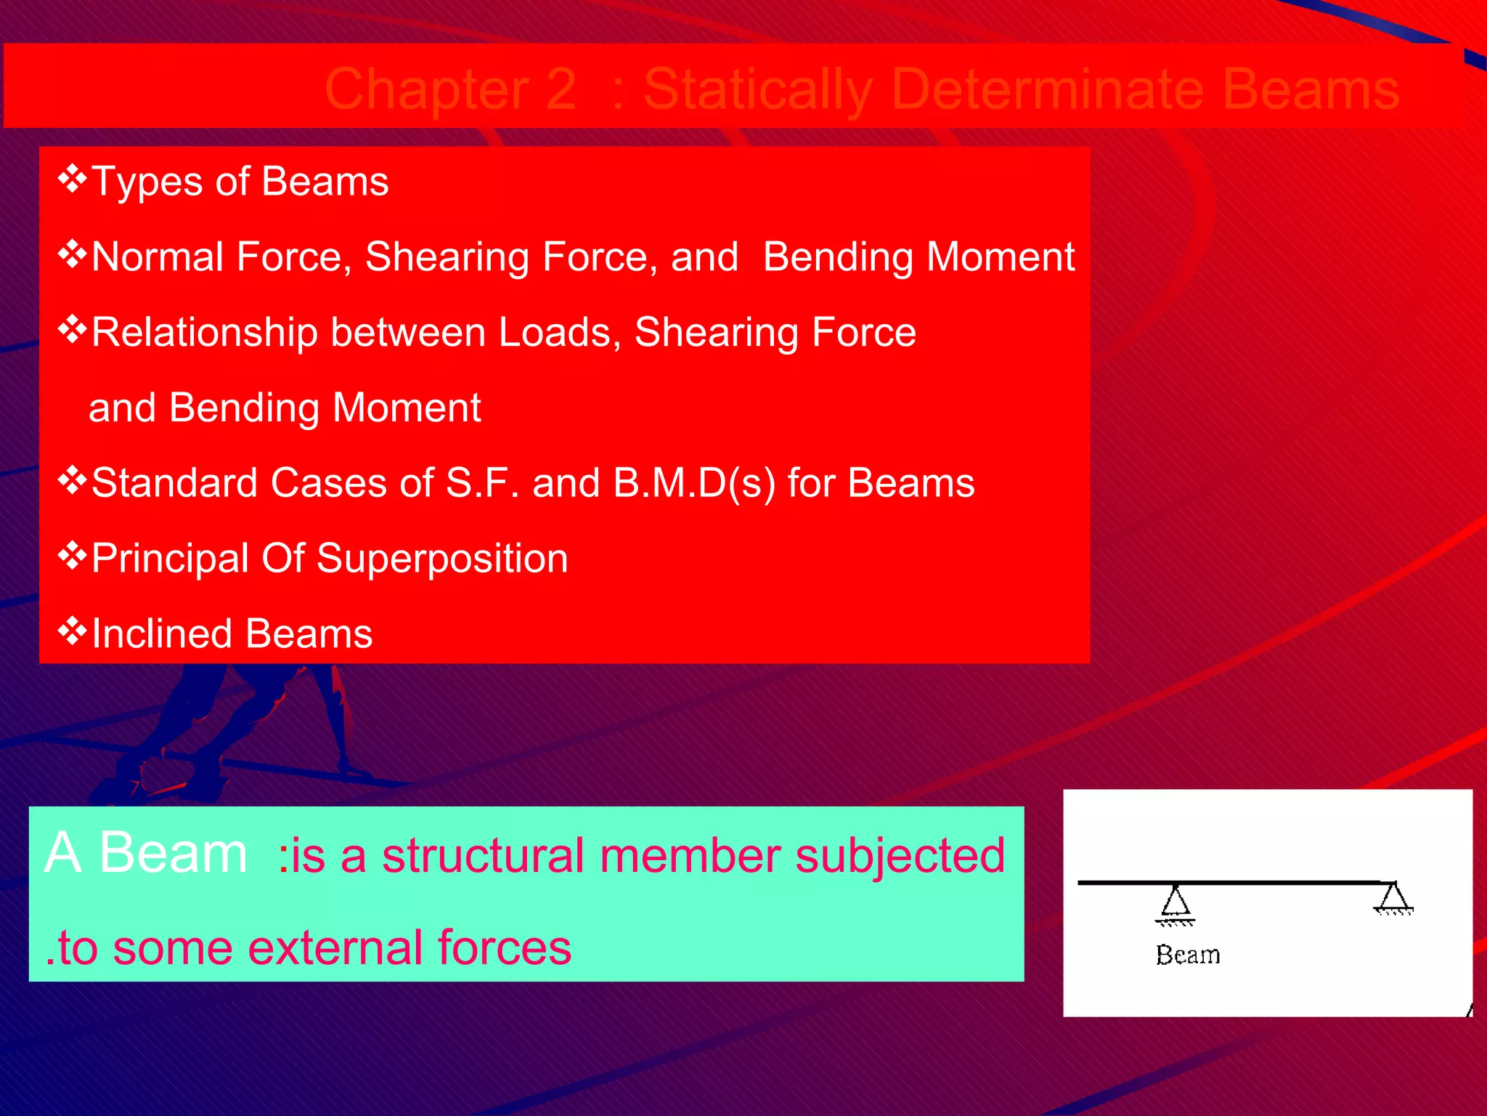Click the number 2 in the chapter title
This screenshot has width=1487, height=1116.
(559, 89)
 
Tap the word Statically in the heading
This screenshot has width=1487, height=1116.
(757, 89)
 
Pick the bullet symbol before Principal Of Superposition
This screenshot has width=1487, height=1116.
(72, 557)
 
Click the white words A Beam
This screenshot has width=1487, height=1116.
(146, 853)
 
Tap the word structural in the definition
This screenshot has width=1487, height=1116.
(483, 855)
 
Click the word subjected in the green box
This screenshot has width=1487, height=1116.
(900, 856)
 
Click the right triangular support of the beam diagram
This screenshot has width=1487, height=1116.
(1393, 898)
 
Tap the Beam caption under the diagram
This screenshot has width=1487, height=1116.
(1187, 955)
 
